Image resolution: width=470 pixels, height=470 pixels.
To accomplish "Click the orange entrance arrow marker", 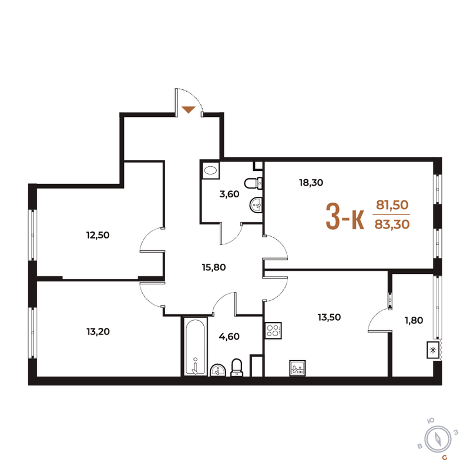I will pyautogui.click(x=189, y=109).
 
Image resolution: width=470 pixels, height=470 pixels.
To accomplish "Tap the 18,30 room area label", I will pyautogui.click(x=311, y=182).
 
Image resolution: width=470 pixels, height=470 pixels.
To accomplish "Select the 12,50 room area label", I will pyautogui.click(x=98, y=235).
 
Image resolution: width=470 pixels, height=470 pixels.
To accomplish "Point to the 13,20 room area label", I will pyautogui.click(x=98, y=331).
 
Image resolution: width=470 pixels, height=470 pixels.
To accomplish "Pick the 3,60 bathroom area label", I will pyautogui.click(x=230, y=194).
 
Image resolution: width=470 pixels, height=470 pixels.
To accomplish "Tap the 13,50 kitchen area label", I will pyautogui.click(x=329, y=317).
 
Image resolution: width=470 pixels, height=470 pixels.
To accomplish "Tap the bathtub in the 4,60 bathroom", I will pyautogui.click(x=194, y=346).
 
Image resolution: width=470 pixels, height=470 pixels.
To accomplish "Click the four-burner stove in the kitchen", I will pyautogui.click(x=273, y=331).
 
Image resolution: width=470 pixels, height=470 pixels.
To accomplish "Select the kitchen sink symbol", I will pyautogui.click(x=297, y=368).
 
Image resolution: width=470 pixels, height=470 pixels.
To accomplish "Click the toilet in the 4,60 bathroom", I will pyautogui.click(x=237, y=367).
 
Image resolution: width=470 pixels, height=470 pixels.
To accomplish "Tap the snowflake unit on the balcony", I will pyautogui.click(x=434, y=350).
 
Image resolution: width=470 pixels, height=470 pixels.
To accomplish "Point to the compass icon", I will pyautogui.click(x=438, y=438).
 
